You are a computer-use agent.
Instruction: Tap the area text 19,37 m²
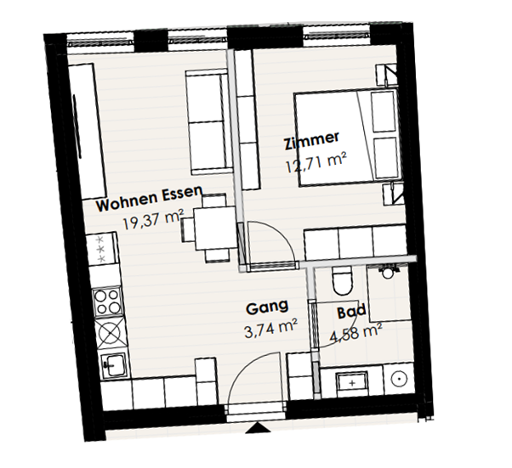[x=153, y=219]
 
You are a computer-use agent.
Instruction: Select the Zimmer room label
[x=311, y=141]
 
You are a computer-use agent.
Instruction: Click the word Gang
[x=267, y=307]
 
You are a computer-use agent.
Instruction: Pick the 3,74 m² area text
[x=270, y=329]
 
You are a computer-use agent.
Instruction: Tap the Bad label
[x=351, y=312]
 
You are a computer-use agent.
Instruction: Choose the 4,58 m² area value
[x=356, y=333]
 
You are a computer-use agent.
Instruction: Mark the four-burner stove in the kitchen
[x=107, y=302]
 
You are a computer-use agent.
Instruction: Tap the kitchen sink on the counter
[x=113, y=365]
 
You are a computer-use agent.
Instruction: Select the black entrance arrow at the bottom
[x=258, y=427]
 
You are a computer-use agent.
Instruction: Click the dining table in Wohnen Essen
[x=215, y=228]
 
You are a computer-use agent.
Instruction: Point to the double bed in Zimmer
[x=348, y=138]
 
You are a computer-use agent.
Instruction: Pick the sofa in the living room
[x=208, y=122]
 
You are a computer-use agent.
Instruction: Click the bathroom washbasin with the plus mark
[x=352, y=382]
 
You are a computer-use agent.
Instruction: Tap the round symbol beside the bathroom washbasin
[x=399, y=379]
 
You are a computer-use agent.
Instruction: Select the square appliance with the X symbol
[x=111, y=333]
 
